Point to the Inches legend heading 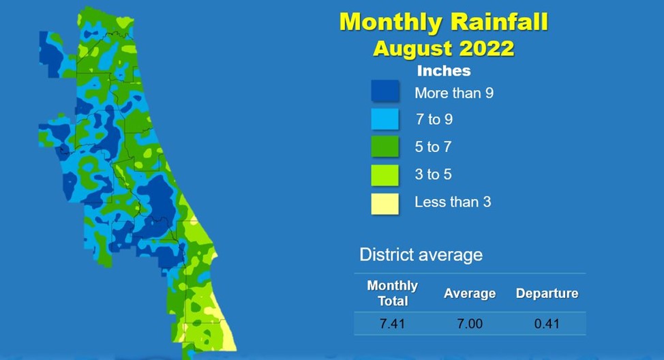coord(444,71)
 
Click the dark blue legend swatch coord(385,91)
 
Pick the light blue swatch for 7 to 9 coord(385,119)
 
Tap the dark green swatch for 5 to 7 coord(385,147)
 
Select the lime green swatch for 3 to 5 coord(385,175)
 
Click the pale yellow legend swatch coord(385,204)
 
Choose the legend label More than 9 coord(454,93)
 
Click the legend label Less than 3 coord(453,202)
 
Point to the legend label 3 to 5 coord(433,175)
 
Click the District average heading coord(421,255)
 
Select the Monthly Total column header coord(393,293)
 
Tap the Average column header coord(470,293)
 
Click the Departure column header coord(547,293)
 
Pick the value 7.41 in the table coord(392,324)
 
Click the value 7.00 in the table coord(470,324)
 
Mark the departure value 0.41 coord(547,324)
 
